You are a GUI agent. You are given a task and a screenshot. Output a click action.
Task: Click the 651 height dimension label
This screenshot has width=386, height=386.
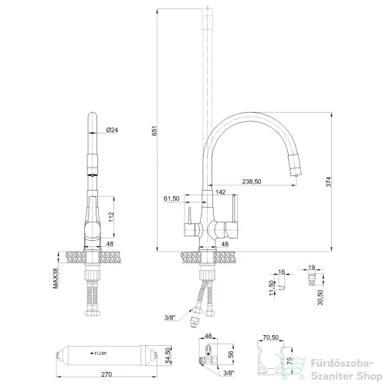pos(154,130)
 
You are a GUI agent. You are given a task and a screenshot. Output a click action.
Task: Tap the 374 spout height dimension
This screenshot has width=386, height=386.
pos(329,181)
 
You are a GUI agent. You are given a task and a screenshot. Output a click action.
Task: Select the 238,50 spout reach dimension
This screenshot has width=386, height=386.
pos(252,181)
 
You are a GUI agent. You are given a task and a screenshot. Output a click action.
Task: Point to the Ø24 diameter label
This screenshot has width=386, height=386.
pos(112,130)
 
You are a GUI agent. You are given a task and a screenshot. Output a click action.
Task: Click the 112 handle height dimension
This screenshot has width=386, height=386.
pos(111,217)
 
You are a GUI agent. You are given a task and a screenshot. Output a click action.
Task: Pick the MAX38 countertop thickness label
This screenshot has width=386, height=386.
pos(56,278)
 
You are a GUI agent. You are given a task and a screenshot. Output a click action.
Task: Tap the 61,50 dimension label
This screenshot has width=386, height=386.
pos(171,198)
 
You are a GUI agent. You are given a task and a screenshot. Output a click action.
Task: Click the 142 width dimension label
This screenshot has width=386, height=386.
pos(221,191)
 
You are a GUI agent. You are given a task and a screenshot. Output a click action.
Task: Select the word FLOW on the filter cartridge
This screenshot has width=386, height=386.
pos(100,354)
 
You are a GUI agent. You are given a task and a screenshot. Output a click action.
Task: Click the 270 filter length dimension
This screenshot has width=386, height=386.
pos(107,374)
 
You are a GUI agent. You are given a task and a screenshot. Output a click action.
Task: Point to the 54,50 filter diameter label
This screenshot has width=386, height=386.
pos(168,356)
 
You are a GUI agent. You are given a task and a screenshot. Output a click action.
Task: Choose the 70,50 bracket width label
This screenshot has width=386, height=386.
pos(270,337)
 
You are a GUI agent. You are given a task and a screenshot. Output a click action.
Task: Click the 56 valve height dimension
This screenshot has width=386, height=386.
pos(231,354)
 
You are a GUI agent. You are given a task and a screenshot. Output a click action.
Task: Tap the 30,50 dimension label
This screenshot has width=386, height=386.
pos(320,297)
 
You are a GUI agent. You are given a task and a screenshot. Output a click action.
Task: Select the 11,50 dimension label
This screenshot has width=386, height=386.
pos(272,288)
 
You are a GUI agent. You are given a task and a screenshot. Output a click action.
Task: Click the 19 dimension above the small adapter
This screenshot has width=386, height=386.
pos(312,267)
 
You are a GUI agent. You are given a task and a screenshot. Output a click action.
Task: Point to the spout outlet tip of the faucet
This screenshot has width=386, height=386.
pos(296,176)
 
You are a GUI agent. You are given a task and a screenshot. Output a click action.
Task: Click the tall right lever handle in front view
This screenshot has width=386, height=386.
pos(234,208)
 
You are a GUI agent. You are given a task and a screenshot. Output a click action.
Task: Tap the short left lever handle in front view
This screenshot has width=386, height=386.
pos(189,215)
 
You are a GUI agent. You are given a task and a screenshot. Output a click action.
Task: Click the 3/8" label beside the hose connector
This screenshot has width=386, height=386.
pos(170,317)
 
